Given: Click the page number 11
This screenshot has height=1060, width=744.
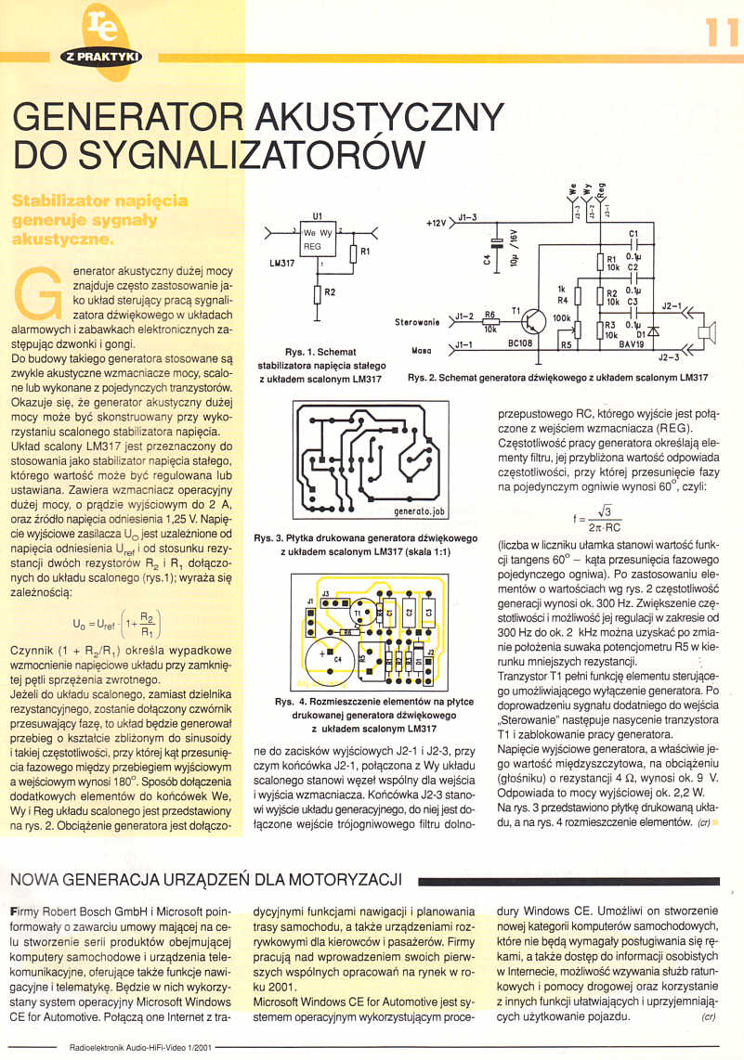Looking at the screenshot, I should (720, 32).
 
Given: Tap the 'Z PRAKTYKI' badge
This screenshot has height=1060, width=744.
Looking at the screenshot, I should (101, 57).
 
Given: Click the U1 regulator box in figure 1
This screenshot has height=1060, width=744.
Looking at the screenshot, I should (318, 239).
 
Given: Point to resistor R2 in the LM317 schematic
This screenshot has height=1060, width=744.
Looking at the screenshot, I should (318, 293).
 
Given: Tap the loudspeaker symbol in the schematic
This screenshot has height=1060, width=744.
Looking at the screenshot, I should (708, 331).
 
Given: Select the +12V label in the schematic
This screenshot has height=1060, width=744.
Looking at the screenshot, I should (437, 224).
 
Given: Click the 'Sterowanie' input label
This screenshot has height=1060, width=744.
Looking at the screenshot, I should (418, 324).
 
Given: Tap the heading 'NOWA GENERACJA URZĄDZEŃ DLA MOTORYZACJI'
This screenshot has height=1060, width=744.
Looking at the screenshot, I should (203, 878).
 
